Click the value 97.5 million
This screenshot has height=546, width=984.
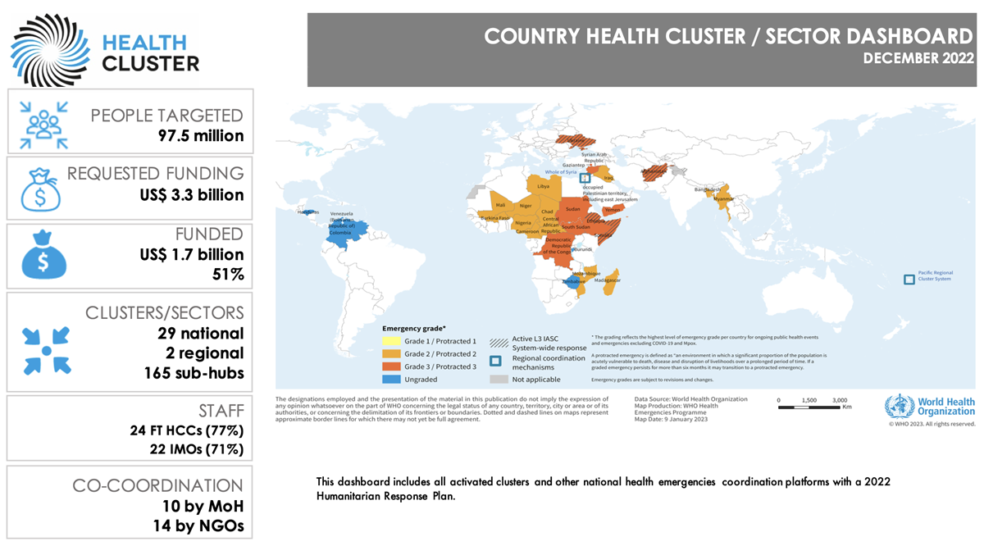(x=201, y=135)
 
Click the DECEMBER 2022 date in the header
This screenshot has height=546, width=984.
(x=918, y=58)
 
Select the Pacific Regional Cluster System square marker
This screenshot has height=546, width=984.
(x=909, y=280)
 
